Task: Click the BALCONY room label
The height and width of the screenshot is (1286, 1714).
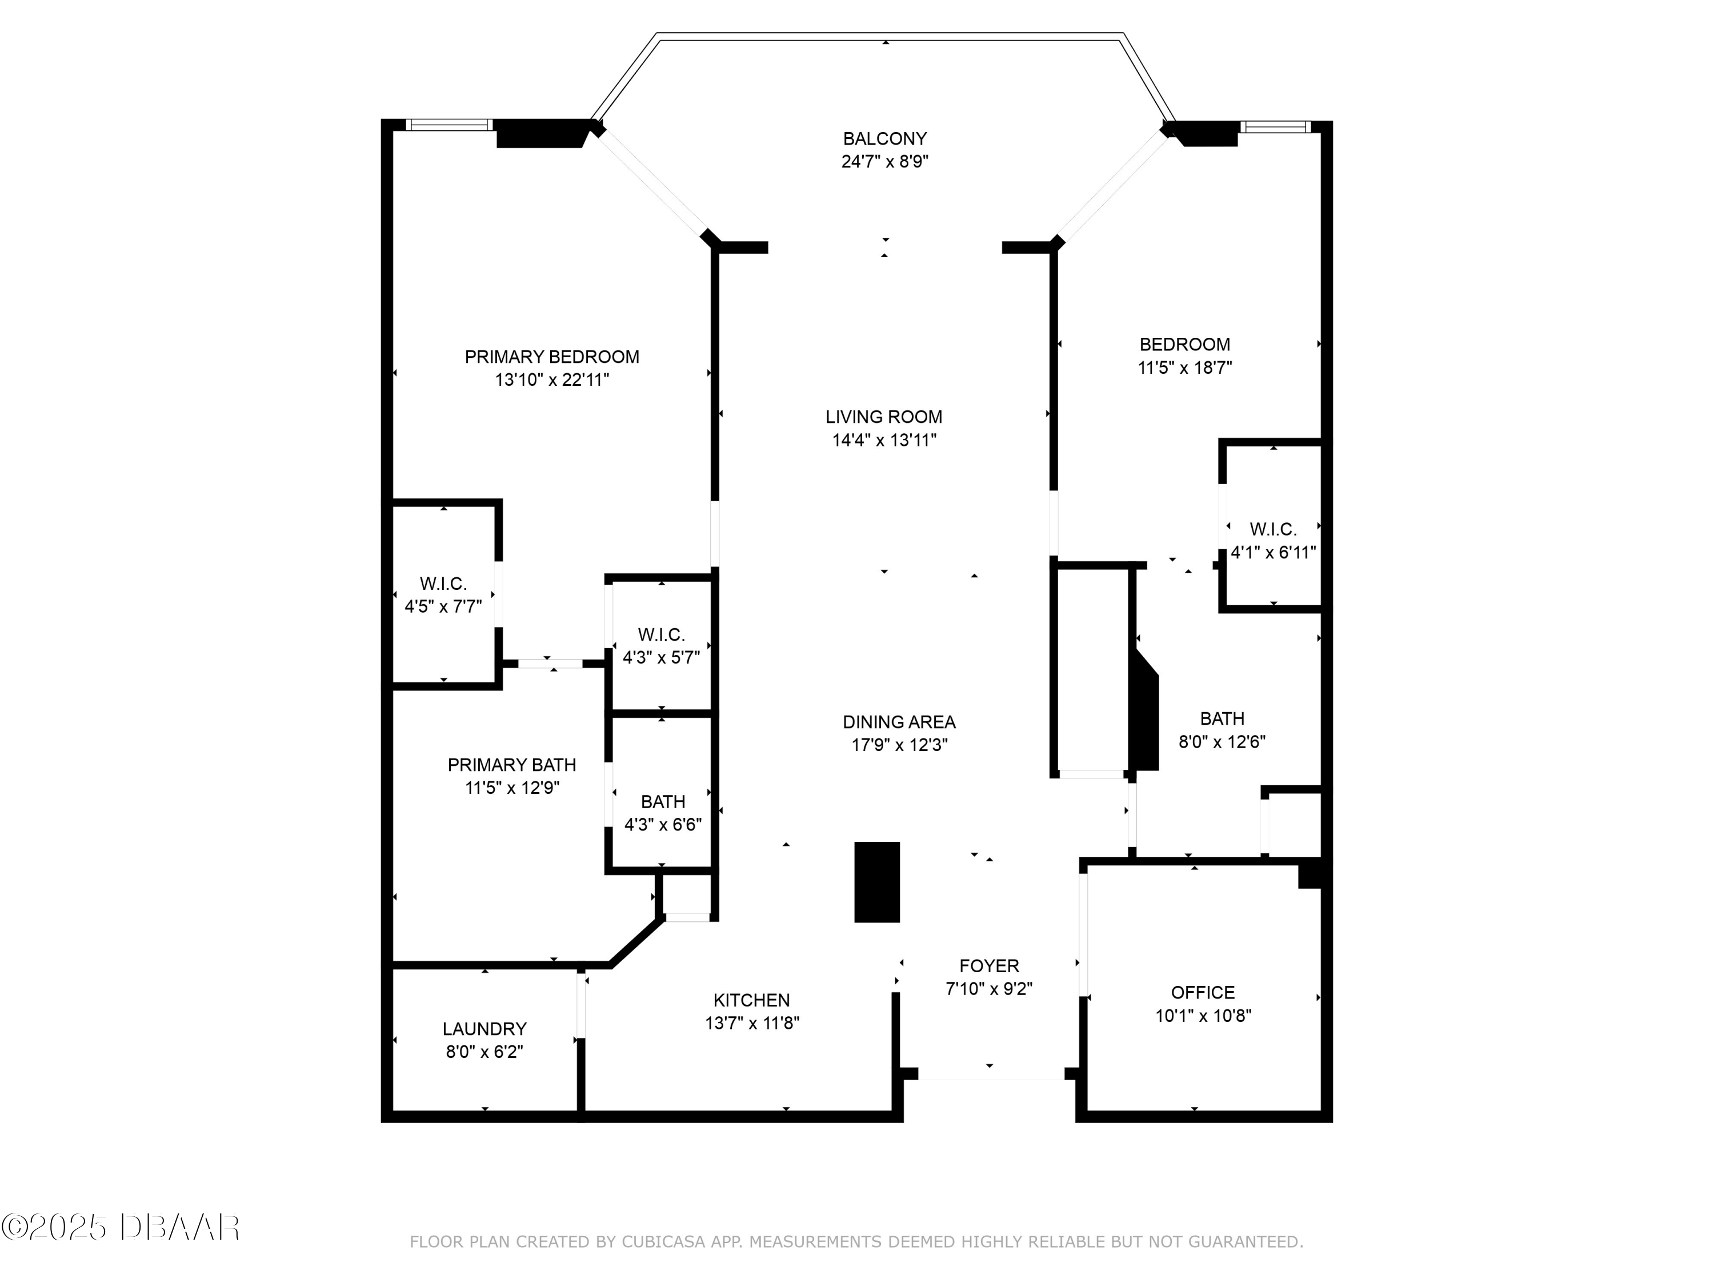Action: coord(885,139)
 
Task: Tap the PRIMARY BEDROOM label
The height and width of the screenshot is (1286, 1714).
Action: coord(552,357)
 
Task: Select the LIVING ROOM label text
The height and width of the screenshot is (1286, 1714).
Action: coord(884,417)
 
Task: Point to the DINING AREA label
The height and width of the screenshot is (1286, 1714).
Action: coord(899,722)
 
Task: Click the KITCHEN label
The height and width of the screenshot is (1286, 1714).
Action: coord(752,1001)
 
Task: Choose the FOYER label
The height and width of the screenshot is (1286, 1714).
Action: coord(990,966)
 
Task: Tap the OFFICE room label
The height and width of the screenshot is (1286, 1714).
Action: coord(1203,992)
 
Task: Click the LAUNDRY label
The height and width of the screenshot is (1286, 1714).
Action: coord(484,1029)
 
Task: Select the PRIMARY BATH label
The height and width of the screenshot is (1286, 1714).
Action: coord(512,765)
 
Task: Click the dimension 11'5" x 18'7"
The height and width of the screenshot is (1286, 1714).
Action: coord(1185,368)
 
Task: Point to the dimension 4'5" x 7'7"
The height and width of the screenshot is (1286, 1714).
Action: coord(443,606)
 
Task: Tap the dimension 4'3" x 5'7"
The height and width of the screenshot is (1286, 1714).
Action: coord(661,657)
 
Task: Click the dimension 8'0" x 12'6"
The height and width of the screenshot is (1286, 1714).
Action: coord(1222,742)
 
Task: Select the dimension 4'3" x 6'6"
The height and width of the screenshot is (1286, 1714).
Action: coord(663,824)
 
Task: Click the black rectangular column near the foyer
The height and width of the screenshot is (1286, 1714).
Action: coord(877,882)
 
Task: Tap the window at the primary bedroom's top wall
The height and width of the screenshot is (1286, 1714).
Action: coord(450,125)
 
